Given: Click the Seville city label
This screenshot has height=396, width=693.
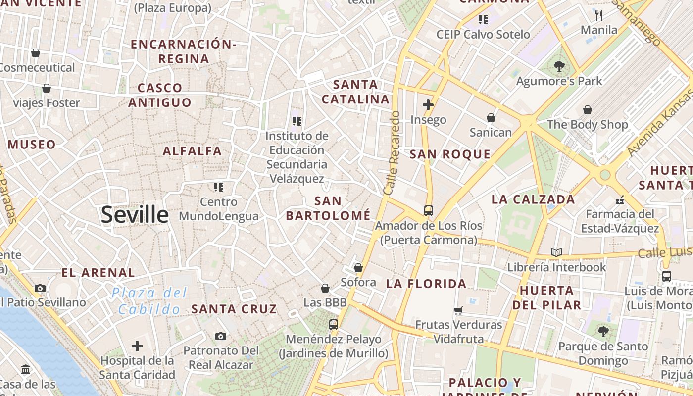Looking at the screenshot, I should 135,215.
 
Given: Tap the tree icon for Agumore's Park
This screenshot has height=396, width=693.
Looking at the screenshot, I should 559,65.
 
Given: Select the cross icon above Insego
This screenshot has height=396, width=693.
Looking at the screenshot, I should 428,105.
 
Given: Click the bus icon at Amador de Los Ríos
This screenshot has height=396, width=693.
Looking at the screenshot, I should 429,211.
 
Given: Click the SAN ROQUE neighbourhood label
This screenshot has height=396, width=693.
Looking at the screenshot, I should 450,154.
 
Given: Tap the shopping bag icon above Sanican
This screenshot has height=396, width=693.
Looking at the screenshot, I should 491,118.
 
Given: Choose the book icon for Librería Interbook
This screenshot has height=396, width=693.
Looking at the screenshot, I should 556,253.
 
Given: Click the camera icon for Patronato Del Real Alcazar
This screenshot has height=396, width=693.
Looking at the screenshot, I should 221,337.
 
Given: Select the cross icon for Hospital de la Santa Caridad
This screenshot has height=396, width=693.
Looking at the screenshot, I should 137,346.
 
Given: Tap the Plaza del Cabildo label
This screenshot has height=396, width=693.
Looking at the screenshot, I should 149,301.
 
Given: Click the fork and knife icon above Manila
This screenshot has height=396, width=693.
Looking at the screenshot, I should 599,15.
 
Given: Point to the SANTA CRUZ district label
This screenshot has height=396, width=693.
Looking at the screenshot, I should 234,309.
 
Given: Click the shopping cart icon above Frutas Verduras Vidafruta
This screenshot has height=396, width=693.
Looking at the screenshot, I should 458,310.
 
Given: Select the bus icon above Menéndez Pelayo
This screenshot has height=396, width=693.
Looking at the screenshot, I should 334,325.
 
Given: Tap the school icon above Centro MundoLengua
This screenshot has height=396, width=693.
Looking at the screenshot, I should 219,187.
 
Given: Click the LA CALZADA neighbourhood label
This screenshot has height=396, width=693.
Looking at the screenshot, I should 533,199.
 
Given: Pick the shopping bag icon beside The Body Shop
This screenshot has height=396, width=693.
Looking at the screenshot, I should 588,110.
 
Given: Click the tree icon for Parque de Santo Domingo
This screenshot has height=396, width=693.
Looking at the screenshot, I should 603,331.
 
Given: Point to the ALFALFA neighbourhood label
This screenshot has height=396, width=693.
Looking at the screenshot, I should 193,151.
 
